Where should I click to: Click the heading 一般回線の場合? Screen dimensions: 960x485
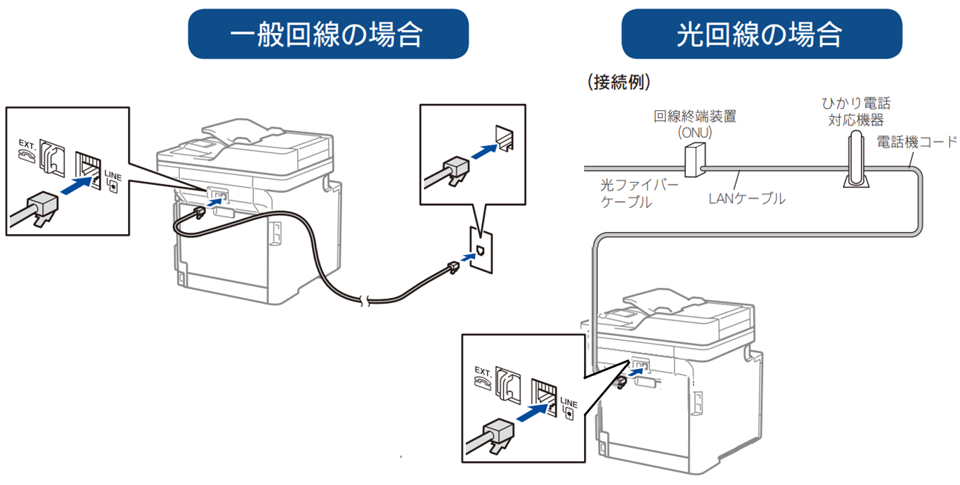pyautogui.click(x=328, y=33)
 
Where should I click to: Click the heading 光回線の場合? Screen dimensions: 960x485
pyautogui.click(x=761, y=33)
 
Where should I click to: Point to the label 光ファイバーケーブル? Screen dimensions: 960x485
pyautogui.click(x=630, y=194)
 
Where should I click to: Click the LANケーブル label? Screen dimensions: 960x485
pyautogui.click(x=747, y=199)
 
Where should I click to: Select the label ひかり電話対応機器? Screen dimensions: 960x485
pyautogui.click(x=856, y=112)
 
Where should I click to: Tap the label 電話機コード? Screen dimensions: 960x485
pyautogui.click(x=916, y=142)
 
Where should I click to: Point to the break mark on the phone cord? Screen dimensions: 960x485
pyautogui.click(x=362, y=301)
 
